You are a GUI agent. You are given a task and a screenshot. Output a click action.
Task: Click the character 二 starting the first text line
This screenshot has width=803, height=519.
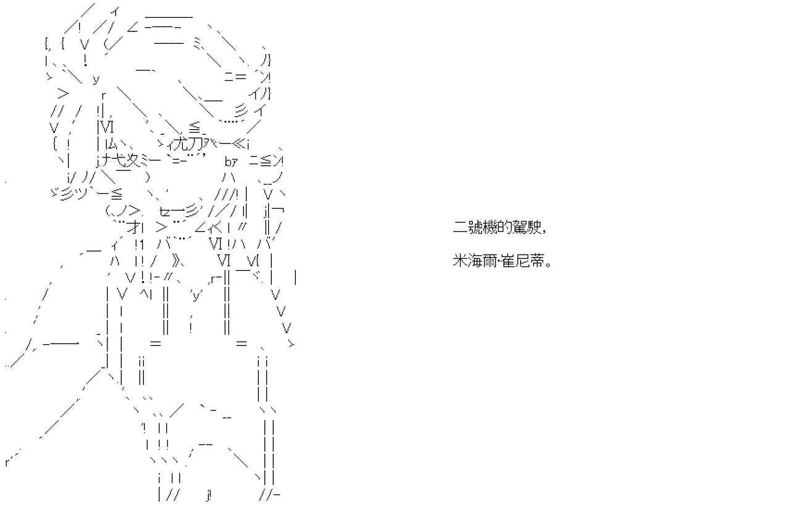[459, 228]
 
